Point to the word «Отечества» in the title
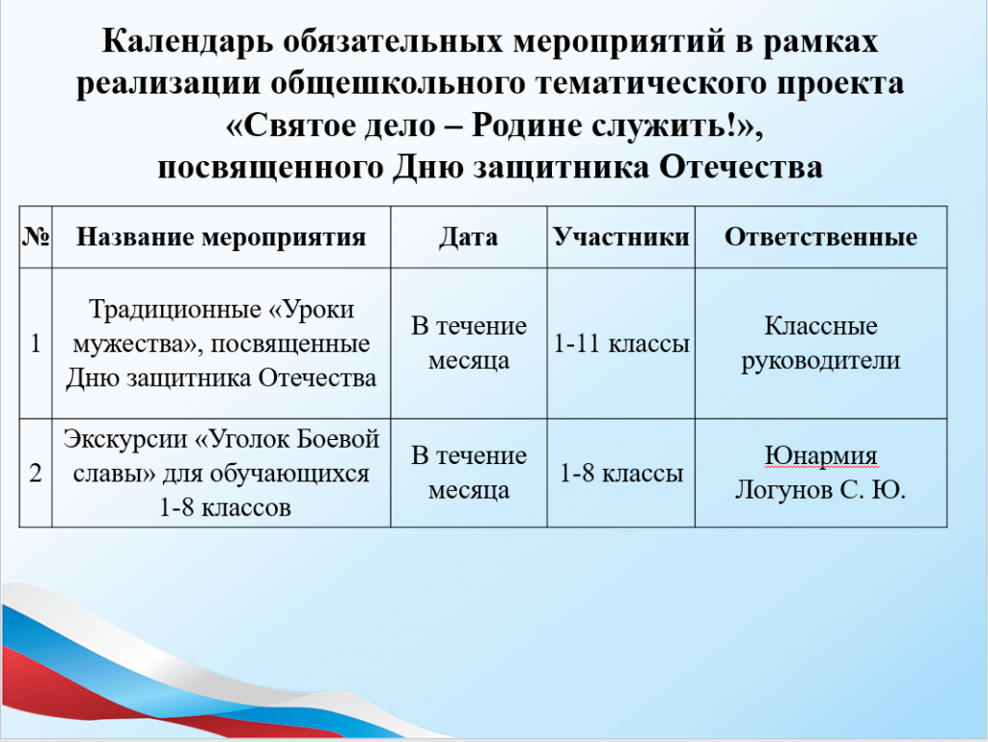click(741, 168)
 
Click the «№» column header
click(36, 236)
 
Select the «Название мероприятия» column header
click(221, 237)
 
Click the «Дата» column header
click(468, 237)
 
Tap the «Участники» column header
click(621, 237)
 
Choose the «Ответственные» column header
click(820, 237)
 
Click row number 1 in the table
click(36, 344)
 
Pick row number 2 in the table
click(36, 473)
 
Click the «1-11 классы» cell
click(621, 344)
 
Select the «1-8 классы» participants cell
click(621, 473)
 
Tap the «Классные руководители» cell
click(820, 344)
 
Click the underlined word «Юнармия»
click(820, 455)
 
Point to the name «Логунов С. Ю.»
click(820, 490)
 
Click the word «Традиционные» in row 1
click(174, 310)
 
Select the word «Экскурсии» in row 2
click(124, 439)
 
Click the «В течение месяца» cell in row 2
click(469, 473)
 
